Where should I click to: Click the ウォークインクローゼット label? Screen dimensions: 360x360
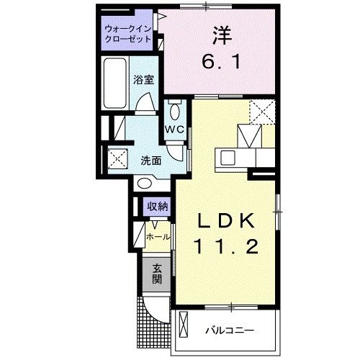(x=127, y=33)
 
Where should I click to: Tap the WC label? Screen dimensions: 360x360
(x=174, y=129)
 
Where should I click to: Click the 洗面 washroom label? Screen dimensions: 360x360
(x=151, y=160)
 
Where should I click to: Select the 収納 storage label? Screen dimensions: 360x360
(x=158, y=207)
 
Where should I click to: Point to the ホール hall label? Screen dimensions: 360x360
(x=158, y=236)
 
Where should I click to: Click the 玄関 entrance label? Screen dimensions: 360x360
(x=156, y=275)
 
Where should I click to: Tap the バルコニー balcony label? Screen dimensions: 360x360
(x=228, y=330)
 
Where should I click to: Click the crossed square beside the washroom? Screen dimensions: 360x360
(x=116, y=158)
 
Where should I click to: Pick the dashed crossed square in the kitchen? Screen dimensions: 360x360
(x=261, y=112)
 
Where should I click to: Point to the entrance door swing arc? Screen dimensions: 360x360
(x=151, y=308)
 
